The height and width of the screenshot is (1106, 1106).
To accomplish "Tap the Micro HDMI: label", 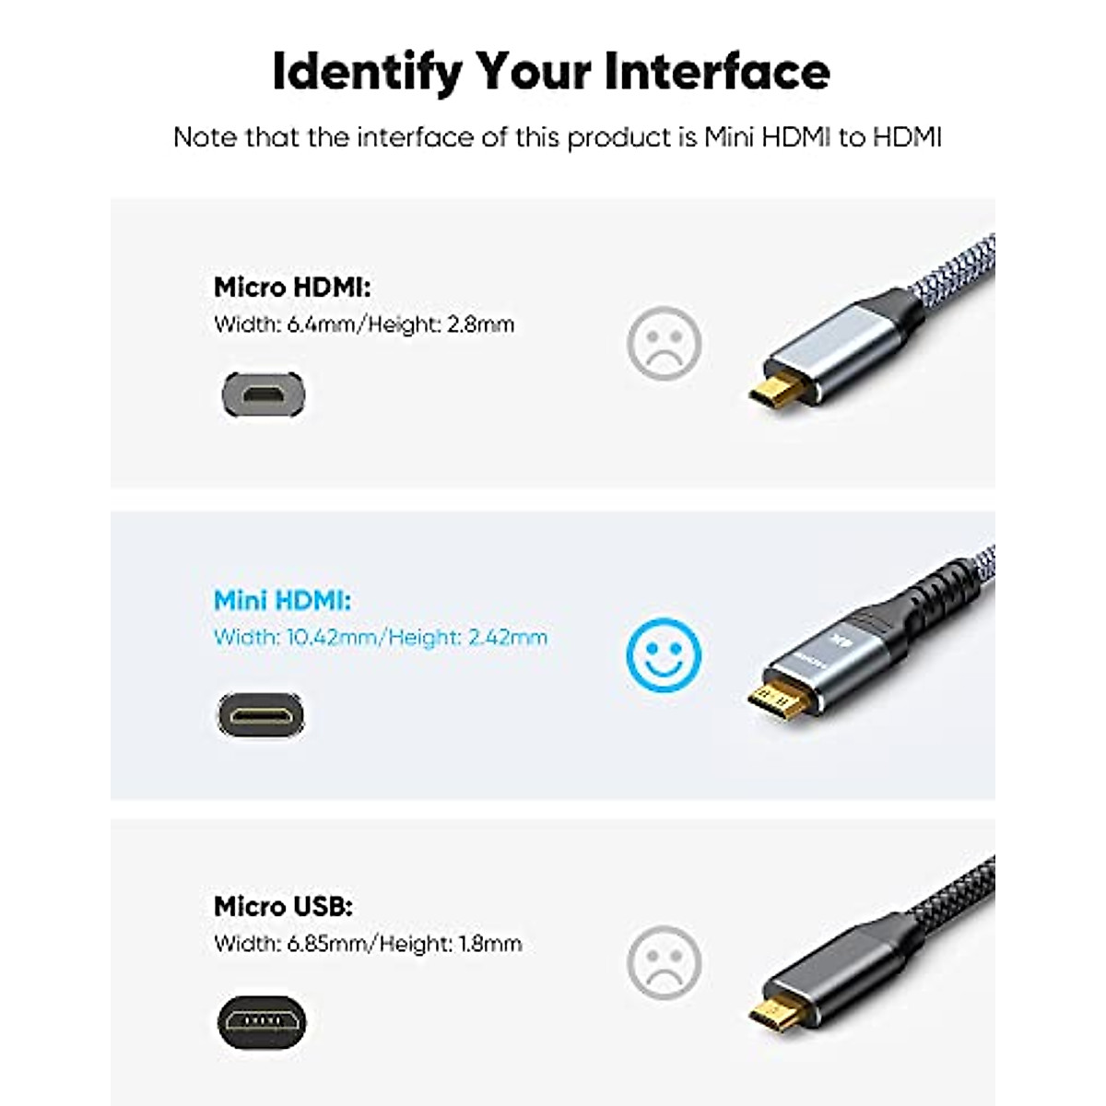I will (292, 288).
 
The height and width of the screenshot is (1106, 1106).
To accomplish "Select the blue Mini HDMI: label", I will (282, 601).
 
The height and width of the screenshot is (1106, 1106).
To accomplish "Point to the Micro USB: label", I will (283, 906).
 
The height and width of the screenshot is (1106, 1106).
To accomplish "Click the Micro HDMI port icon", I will (264, 394).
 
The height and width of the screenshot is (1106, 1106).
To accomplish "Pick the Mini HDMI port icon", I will (261, 714).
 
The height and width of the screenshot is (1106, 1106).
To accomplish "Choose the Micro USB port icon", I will (262, 1021).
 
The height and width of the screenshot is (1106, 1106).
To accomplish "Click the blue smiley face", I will (664, 653).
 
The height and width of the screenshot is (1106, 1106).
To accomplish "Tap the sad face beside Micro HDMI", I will (664, 343).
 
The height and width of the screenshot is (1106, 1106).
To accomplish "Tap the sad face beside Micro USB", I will (664, 961).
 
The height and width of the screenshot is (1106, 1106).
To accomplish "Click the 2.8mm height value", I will (480, 324).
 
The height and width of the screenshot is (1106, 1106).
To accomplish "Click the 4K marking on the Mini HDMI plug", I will (837, 641).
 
